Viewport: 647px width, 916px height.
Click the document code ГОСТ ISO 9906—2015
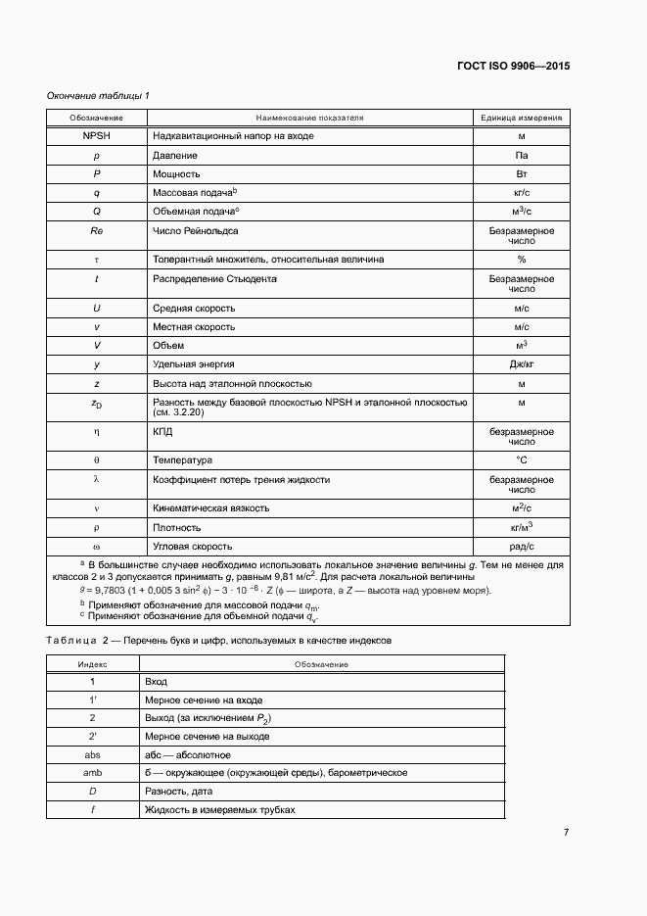click(513, 67)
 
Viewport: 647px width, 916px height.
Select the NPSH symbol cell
click(97, 136)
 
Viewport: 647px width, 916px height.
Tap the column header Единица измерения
click(521, 118)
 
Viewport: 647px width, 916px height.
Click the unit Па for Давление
click(521, 155)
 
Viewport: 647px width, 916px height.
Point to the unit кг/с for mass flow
click(521, 193)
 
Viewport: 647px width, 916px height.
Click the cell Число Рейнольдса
click(196, 231)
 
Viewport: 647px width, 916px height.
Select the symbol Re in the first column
click(97, 231)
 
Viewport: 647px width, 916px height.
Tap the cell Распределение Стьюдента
click(214, 279)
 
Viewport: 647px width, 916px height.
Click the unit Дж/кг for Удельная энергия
click(521, 364)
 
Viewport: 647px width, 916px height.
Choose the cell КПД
click(163, 431)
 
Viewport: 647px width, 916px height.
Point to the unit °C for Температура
click(521, 460)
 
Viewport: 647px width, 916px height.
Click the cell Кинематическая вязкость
click(210, 508)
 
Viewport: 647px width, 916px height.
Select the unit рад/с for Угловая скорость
click(521, 546)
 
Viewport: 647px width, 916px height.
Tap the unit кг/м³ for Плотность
click(521, 527)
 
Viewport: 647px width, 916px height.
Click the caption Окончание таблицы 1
click(99, 95)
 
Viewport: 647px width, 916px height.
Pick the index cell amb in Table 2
click(93, 773)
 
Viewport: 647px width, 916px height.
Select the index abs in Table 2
click(93, 754)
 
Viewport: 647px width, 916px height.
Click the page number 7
click(566, 833)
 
